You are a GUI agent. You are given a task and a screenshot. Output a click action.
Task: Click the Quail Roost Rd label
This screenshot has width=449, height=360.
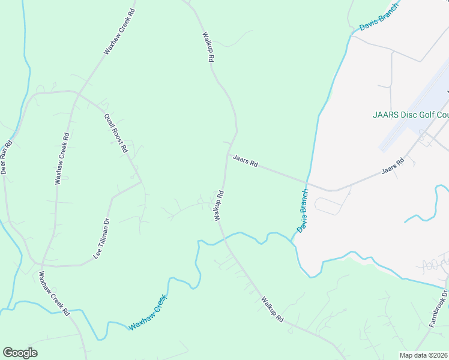click(x=116, y=133)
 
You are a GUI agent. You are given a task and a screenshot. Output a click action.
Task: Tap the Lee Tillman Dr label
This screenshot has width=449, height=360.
click(x=102, y=238)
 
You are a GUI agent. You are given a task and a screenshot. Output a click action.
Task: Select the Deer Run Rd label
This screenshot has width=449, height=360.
click(x=7, y=158)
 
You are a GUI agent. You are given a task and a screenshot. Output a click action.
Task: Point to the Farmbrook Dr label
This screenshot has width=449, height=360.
click(x=439, y=309)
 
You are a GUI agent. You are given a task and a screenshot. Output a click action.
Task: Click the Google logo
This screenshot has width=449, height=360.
click(x=20, y=353)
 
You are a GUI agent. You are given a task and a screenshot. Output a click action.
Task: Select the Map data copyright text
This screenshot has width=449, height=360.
click(x=423, y=355)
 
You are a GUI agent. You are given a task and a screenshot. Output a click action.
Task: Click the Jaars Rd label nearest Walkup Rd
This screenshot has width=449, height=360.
click(x=245, y=161)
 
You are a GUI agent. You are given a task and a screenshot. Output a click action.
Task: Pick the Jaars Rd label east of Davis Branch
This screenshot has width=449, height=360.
click(x=394, y=167)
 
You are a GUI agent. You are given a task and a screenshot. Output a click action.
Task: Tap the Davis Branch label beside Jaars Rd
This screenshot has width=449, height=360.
click(x=303, y=212)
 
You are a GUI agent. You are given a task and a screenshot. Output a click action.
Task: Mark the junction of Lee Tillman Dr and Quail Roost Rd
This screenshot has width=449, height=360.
click(x=142, y=182)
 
